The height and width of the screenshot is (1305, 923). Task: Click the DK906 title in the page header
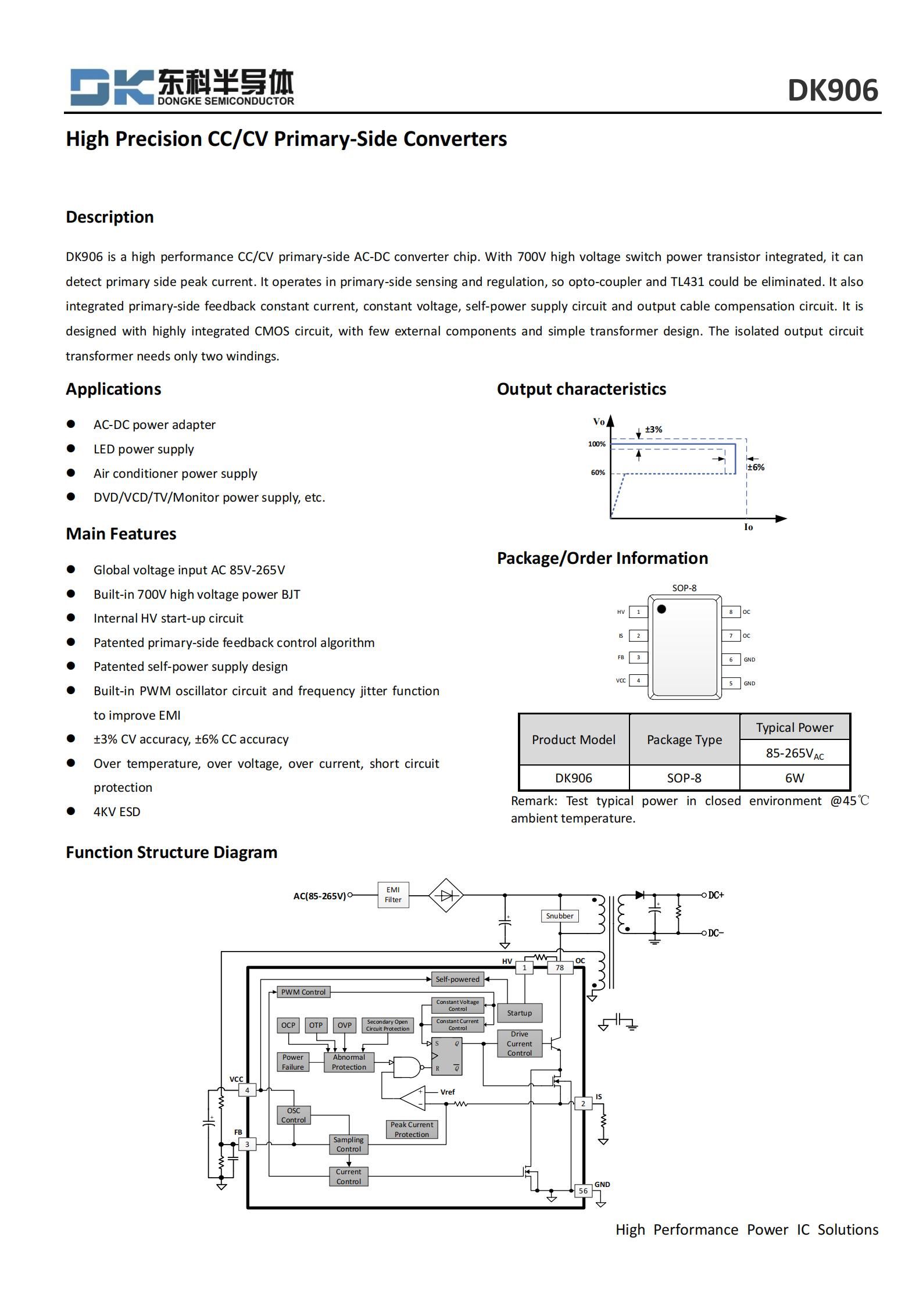click(832, 91)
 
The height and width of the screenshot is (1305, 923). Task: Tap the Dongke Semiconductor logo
click(182, 87)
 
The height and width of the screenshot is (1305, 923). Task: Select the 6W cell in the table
click(794, 778)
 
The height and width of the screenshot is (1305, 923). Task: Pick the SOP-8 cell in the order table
click(684, 778)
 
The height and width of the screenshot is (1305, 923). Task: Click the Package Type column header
click(684, 739)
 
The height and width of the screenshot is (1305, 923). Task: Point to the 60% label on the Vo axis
click(598, 473)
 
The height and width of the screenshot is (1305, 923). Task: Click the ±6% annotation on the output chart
click(756, 467)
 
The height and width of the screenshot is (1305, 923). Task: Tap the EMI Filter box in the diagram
click(393, 895)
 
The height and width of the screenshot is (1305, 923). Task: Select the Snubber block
click(560, 916)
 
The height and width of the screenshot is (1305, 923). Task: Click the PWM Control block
click(303, 992)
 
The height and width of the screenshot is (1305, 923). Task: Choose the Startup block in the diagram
click(519, 1013)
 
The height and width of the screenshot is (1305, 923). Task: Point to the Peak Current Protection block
click(412, 1129)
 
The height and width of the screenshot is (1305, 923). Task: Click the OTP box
click(316, 1025)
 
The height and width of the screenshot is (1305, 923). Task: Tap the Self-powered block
click(457, 979)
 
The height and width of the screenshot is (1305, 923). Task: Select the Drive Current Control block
click(519, 1043)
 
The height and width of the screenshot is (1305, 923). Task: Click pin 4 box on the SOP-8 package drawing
click(638, 680)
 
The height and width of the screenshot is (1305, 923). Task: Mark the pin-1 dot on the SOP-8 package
click(661, 609)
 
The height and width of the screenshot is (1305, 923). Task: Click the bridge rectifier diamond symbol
click(446, 896)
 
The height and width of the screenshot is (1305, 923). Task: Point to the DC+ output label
click(716, 895)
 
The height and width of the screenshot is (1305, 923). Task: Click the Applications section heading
click(113, 389)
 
